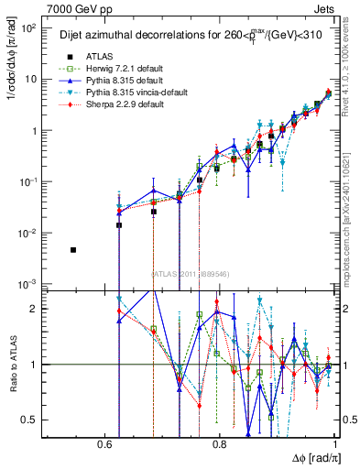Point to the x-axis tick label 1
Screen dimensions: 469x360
pos(336,443)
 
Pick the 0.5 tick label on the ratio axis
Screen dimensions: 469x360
pos(30,420)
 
